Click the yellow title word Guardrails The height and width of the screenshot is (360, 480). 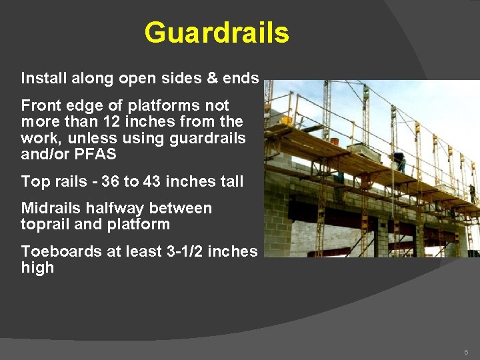click(x=217, y=33)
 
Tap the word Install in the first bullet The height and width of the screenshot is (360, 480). click(x=41, y=79)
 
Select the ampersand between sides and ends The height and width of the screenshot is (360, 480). click(x=212, y=79)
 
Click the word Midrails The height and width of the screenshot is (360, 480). click(x=50, y=208)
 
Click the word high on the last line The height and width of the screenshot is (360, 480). click(x=37, y=268)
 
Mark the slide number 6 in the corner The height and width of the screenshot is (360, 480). click(x=467, y=351)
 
